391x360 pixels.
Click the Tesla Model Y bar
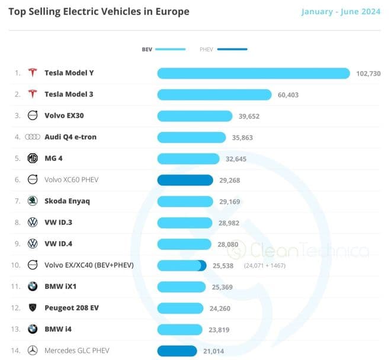pos(254,73)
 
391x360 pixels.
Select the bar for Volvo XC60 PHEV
pos(185,180)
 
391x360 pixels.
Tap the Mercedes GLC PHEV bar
pos(177,351)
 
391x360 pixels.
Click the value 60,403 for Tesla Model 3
pos(289,95)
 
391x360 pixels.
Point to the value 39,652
pos(249,116)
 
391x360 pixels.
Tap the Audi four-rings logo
pos(33,137)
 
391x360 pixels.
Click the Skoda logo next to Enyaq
pos(33,201)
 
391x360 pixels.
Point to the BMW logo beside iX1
pos(33,287)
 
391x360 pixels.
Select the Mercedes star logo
pos(33,351)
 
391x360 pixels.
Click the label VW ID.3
pos(59,223)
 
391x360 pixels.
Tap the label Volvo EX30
pos(63,116)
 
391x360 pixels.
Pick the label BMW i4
pos(59,329)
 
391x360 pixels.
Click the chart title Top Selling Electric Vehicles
pos(98,12)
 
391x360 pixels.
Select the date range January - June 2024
pos(341,12)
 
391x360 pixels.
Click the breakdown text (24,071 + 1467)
pos(264,265)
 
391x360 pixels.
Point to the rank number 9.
pos(17,244)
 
